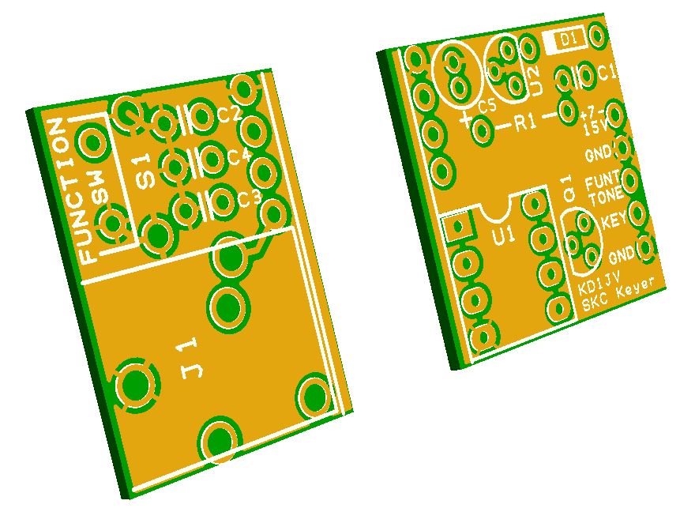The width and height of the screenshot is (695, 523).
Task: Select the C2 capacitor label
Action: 230,115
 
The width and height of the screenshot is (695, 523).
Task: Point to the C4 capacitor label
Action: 240,157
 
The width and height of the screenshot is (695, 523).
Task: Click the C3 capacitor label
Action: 250,199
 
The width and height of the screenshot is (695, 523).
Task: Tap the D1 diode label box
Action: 566,40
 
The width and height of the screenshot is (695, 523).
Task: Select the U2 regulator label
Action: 535,80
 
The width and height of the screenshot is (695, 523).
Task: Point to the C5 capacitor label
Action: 487,106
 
